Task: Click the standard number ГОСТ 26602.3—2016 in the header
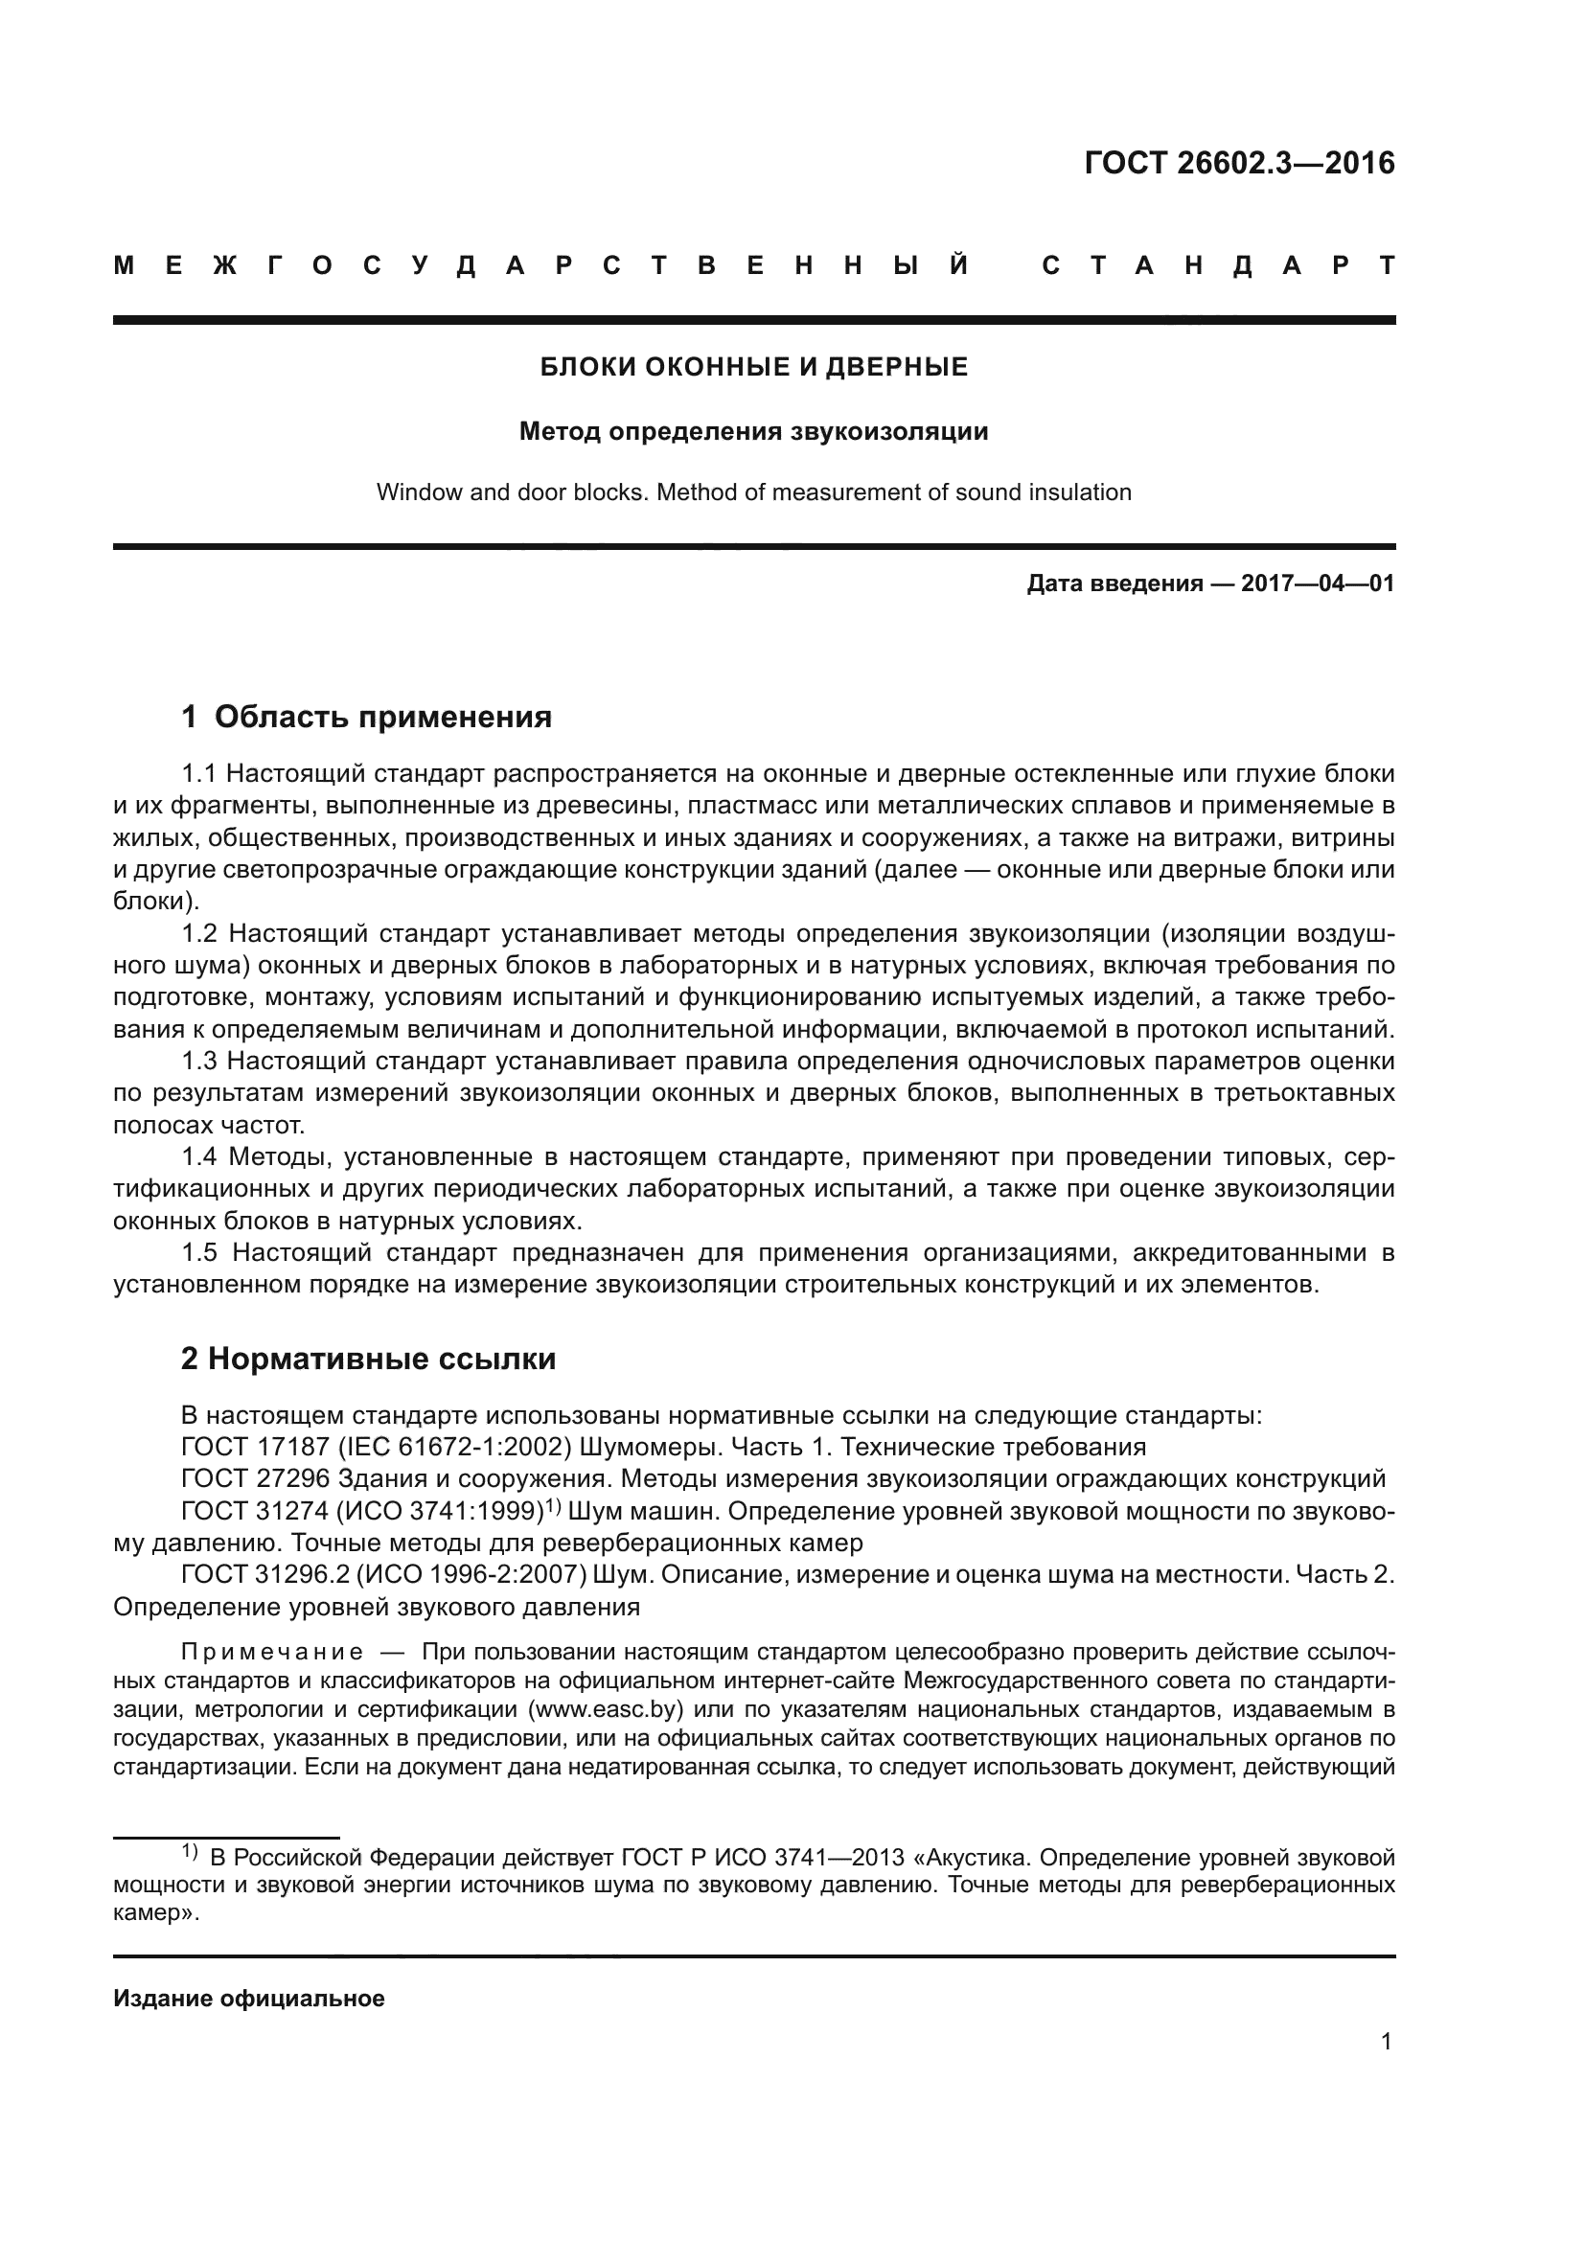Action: [x=1238, y=163]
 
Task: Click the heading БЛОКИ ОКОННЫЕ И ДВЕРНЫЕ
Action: [x=753, y=367]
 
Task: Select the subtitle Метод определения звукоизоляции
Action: [x=753, y=431]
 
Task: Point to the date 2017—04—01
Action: [x=1318, y=583]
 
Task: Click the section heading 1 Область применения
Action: [x=366, y=718]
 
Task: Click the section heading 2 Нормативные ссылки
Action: [x=368, y=1359]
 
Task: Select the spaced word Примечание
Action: [x=272, y=1653]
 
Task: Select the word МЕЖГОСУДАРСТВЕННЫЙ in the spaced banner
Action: [x=541, y=265]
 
